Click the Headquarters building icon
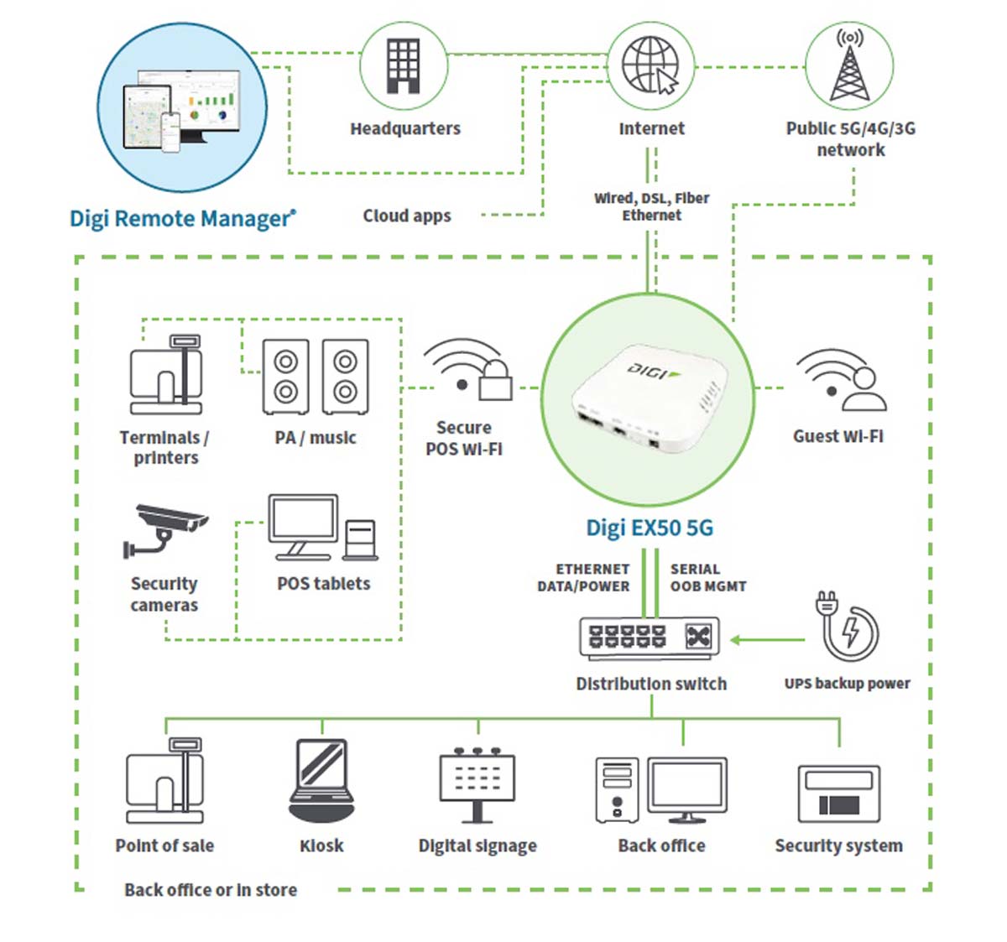(403, 66)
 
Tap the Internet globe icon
(650, 65)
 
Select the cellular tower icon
(849, 66)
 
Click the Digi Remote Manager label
(182, 219)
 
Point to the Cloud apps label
(407, 216)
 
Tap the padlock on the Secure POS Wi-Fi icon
(495, 382)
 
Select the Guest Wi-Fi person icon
(863, 389)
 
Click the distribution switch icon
(649, 638)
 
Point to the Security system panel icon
(838, 794)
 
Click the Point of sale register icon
(165, 780)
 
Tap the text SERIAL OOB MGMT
(707, 578)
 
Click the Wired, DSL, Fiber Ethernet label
(651, 206)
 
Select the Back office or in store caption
(211, 890)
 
